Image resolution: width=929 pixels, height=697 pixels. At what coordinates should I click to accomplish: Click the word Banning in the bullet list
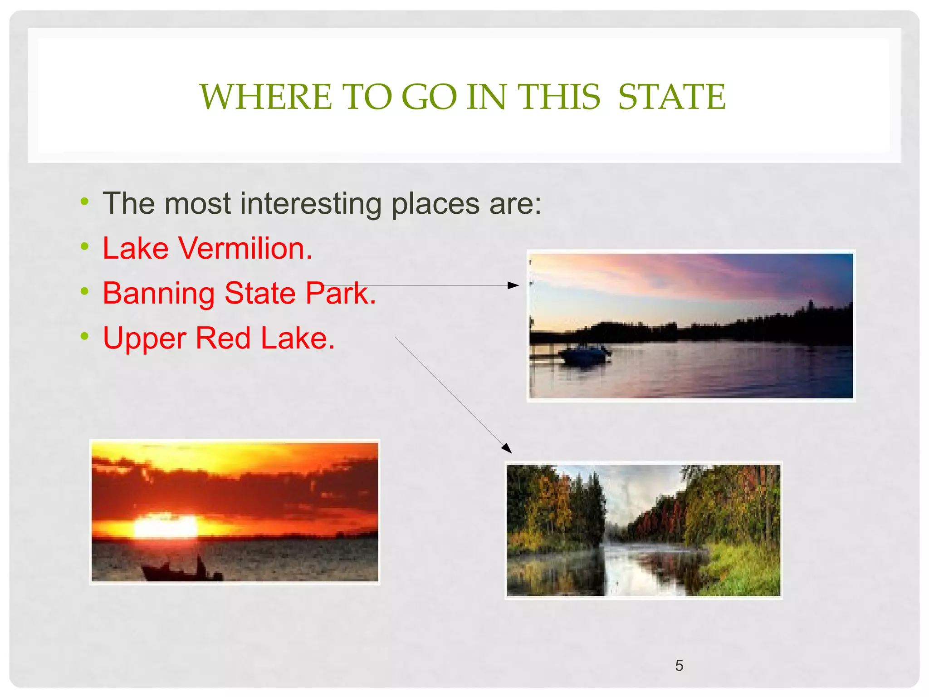[x=159, y=294]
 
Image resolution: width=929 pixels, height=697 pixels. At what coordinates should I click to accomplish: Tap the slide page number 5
[x=679, y=665]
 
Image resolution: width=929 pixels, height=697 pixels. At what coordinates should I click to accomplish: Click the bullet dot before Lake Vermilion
[x=84, y=246]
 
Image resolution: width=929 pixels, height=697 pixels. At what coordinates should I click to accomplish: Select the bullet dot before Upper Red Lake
[x=84, y=336]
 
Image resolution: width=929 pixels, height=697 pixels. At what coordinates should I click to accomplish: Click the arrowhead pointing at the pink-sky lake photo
[x=513, y=285]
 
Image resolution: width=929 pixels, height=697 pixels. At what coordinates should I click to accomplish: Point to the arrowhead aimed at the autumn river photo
[x=507, y=448]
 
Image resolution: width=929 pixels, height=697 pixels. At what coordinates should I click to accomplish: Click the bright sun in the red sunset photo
[x=166, y=526]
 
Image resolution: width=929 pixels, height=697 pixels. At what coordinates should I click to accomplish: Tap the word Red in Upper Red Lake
[x=223, y=338]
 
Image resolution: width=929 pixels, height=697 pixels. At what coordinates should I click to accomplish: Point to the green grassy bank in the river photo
[x=744, y=572]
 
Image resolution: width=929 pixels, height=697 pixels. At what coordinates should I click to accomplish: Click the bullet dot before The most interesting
[x=84, y=201]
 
